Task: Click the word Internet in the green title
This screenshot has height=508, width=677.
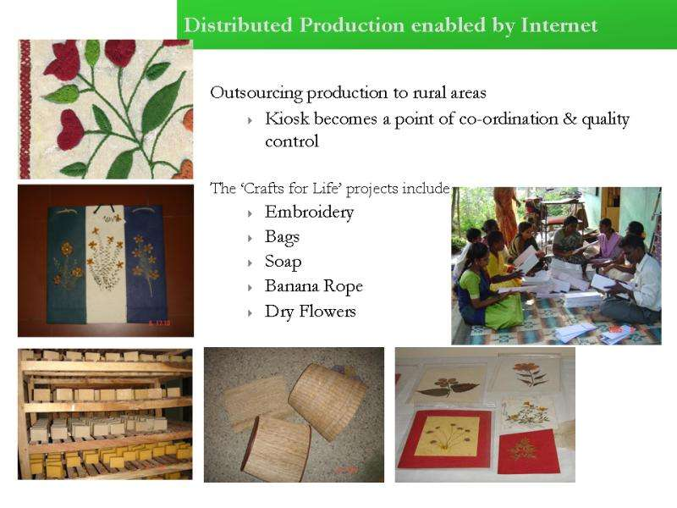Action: point(559,25)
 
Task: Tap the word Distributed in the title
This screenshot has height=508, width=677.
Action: point(239,25)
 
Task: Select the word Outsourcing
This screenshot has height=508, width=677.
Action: point(256,93)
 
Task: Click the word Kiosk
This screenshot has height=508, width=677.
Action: point(287,119)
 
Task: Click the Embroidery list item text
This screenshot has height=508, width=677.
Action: point(309,213)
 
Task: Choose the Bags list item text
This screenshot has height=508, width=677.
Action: point(282,237)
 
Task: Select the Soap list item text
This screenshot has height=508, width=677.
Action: point(283,262)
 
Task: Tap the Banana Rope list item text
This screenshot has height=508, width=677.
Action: point(314,286)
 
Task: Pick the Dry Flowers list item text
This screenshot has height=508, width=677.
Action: point(311,312)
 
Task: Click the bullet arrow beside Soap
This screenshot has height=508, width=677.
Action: point(250,263)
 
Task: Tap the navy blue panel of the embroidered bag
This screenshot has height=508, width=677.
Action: point(145,264)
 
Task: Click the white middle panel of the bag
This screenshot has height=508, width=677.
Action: point(106,264)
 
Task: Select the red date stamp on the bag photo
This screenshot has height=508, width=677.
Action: point(160,323)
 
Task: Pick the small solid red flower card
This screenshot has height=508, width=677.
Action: point(528,451)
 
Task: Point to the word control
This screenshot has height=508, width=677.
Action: point(292,141)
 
